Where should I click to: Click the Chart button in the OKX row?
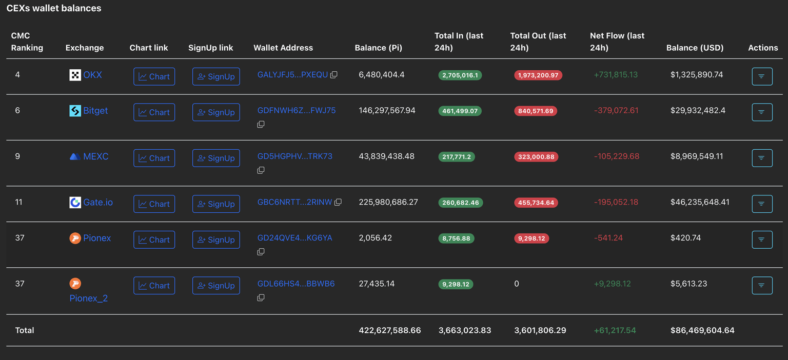(x=154, y=76)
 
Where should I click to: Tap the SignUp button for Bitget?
(x=216, y=112)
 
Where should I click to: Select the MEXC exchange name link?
(x=95, y=156)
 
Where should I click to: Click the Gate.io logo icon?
(x=75, y=202)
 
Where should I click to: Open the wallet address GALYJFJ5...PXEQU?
(x=292, y=74)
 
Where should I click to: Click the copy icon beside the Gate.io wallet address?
(x=338, y=203)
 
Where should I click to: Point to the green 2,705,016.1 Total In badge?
(x=460, y=75)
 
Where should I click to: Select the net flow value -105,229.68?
(x=617, y=156)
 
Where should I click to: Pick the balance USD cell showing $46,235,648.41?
(x=700, y=202)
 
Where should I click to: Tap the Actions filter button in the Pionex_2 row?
(x=762, y=286)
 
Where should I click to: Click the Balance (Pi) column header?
(x=378, y=48)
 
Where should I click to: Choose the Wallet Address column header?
(x=283, y=48)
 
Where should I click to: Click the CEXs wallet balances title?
(x=54, y=8)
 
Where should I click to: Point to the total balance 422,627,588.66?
(x=389, y=330)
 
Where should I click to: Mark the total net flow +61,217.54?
(x=615, y=330)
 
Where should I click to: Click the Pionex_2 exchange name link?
(x=88, y=298)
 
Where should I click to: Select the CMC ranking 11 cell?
(x=19, y=202)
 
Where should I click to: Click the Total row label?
(x=25, y=330)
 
